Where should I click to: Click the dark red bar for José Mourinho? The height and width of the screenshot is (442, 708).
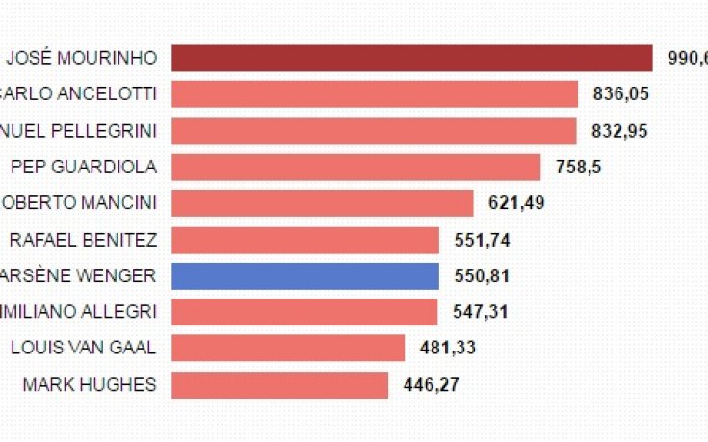point(412,58)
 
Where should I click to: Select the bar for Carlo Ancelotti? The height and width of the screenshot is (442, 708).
point(375,94)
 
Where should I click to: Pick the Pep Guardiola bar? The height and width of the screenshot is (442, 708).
point(356,167)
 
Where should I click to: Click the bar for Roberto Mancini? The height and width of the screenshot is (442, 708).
point(323,203)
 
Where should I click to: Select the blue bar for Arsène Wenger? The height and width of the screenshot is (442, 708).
point(305,275)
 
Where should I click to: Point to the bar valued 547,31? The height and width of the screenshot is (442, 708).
point(304,312)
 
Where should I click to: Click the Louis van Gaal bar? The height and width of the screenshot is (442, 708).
point(288,348)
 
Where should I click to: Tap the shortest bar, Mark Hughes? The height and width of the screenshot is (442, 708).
point(280,384)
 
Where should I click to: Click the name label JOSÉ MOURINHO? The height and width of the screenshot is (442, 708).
point(81,58)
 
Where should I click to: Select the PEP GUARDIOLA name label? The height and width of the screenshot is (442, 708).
point(84,167)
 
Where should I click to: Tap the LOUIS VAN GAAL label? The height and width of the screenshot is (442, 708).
point(83,348)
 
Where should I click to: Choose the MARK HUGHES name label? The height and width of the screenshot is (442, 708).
point(89,384)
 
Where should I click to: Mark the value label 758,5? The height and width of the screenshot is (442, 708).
point(579,167)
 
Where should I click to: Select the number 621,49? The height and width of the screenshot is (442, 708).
point(519,203)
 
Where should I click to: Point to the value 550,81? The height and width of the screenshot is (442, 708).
point(482,276)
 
